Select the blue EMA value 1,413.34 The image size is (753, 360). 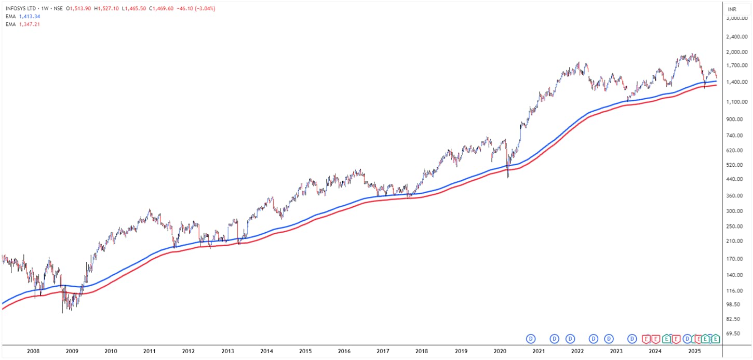point(29,17)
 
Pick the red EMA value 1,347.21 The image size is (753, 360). point(29,24)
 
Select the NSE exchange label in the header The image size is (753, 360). point(58,9)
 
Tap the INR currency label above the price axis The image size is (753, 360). point(732,9)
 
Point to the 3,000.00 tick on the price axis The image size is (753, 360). point(736,18)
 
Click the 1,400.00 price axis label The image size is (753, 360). point(736,82)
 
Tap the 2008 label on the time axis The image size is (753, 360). point(33,351)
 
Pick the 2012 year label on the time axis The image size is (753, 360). point(189,351)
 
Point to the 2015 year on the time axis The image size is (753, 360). point(305,351)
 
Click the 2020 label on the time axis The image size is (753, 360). point(500,351)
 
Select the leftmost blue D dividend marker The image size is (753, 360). point(531,339)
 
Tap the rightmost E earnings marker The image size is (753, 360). point(716,339)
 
